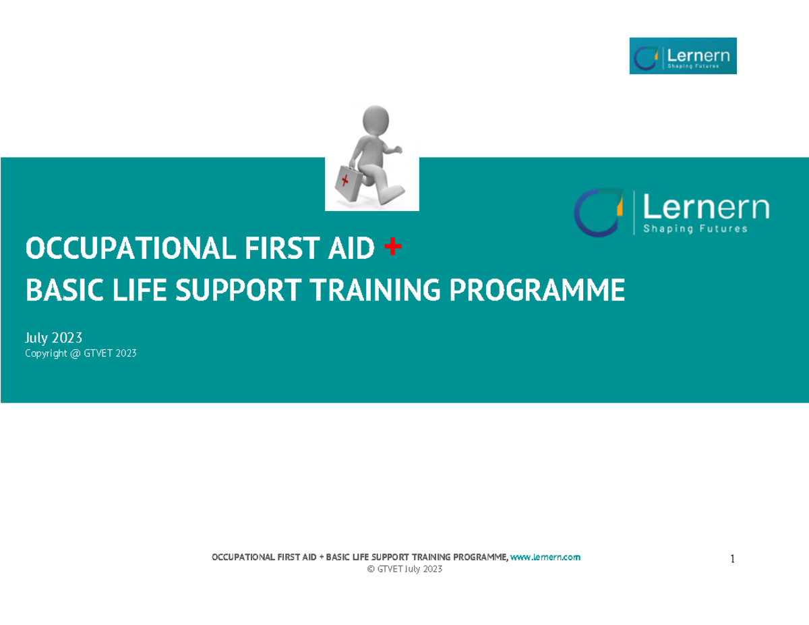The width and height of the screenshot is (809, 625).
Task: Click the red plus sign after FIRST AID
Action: tap(392, 248)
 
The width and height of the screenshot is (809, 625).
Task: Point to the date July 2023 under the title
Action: tap(53, 337)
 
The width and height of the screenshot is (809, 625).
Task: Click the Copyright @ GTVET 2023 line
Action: tap(80, 353)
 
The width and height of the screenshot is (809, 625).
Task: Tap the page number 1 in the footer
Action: tap(732, 559)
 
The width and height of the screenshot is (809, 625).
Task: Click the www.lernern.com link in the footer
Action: tap(545, 558)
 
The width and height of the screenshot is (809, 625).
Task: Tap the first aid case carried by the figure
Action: tap(349, 179)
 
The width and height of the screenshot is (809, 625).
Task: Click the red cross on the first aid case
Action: tap(347, 181)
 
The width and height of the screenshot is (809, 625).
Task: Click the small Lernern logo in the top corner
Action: tap(682, 56)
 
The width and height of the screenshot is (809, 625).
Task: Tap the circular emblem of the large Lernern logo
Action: tap(599, 212)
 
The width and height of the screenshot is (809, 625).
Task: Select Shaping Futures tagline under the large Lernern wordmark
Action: tap(695, 229)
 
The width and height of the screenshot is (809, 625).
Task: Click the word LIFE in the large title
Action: tap(121, 291)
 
